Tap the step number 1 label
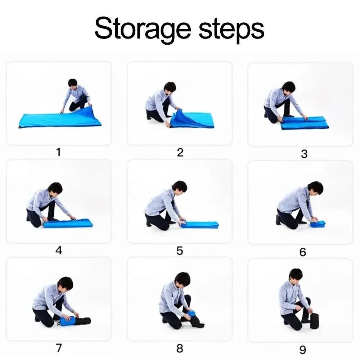click(59, 152)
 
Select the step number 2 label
click(180, 152)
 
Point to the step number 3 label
click(304, 154)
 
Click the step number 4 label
click(59, 250)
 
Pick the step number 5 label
click(180, 251)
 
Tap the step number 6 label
click(303, 252)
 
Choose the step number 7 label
click(59, 348)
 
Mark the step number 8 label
click(180, 348)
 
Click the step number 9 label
click(303, 350)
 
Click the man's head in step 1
click(73, 84)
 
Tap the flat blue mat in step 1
click(60, 119)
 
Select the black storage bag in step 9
click(314, 321)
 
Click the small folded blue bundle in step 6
click(318, 224)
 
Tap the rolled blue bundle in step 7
click(67, 321)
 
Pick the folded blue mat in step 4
click(68, 223)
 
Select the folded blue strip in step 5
click(199, 225)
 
